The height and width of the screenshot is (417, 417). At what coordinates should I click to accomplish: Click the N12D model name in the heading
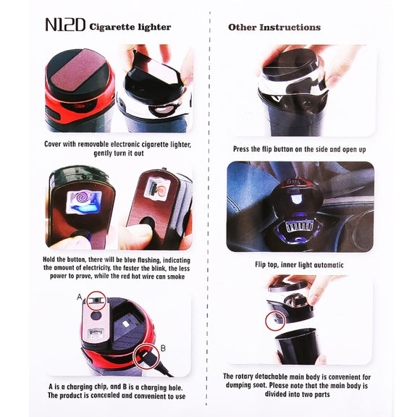pos(65,25)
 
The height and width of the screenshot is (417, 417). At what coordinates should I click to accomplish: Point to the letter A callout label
pos(79,297)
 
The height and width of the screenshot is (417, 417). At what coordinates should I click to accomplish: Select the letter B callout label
pos(163,348)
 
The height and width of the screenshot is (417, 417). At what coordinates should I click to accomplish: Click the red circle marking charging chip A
pos(96,300)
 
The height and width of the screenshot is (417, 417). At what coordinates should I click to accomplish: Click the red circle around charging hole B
pos(146,357)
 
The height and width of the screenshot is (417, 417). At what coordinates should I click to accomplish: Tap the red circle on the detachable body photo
pos(275,321)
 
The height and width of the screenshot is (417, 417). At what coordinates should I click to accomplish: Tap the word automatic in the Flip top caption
pos(329,265)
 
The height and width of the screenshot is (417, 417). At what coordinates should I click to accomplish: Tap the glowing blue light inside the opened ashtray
pos(295,198)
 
